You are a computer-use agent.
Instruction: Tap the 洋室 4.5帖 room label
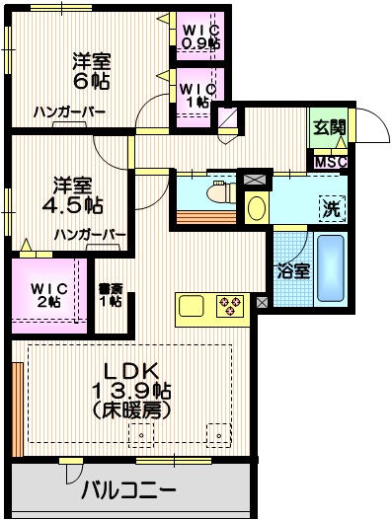tap(75, 194)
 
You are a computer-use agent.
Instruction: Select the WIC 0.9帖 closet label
tap(200, 36)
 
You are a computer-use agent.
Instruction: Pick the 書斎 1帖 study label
tap(110, 295)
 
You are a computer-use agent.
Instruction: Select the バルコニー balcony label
tap(128, 490)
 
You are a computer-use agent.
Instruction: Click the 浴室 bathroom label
tap(293, 270)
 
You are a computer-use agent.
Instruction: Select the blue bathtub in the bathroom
tap(330, 269)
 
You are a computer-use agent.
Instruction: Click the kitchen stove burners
tap(229, 306)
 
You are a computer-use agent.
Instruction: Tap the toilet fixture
tap(214, 193)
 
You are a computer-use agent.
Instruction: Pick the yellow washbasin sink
tap(256, 208)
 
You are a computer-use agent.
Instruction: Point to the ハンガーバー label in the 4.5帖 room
tap(90, 235)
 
